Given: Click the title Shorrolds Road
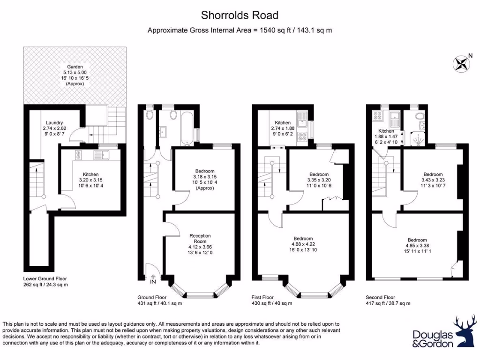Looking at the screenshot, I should pos(240,15).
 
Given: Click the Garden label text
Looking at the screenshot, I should pos(75,67).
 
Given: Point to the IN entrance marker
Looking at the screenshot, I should pos(153,282).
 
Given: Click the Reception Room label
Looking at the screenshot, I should pos(200,236).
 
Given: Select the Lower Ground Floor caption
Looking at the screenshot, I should pos(48,278).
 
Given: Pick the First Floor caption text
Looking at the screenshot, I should pos(264,297).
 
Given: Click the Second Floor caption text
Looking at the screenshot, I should pos(380,297).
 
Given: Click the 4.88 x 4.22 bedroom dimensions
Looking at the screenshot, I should pos(302,244).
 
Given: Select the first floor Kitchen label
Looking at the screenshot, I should pos(283,122).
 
